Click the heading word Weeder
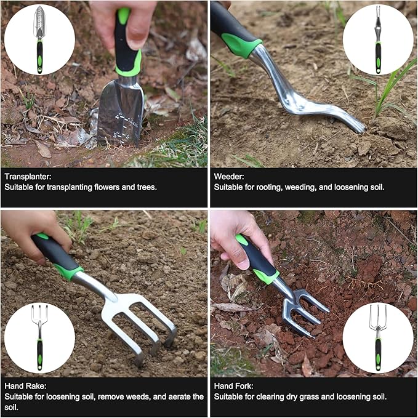[229, 176]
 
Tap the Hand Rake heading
[25, 385]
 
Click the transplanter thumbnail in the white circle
[39, 39]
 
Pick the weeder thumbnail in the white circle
[377, 39]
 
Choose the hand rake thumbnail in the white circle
[39, 337]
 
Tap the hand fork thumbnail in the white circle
[377, 337]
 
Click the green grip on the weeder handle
[240, 43]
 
